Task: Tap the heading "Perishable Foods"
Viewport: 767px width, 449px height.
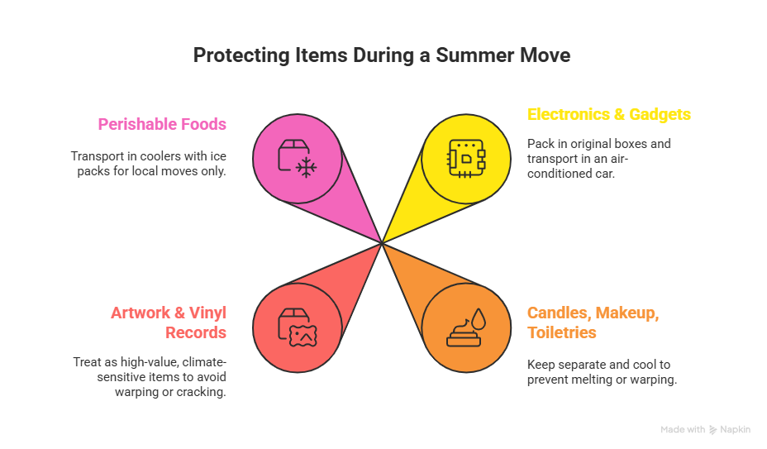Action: point(162,124)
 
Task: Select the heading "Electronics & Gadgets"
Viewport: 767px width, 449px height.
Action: point(609,114)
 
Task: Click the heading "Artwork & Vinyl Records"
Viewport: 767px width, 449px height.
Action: point(169,322)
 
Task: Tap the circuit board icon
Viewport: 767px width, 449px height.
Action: point(465,157)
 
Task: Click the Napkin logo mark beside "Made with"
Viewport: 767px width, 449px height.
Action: point(712,430)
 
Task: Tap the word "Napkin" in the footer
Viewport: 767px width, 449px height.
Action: point(735,430)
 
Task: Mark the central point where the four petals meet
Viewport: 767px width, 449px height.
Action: point(381,242)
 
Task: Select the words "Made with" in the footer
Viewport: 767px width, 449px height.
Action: point(683,430)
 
